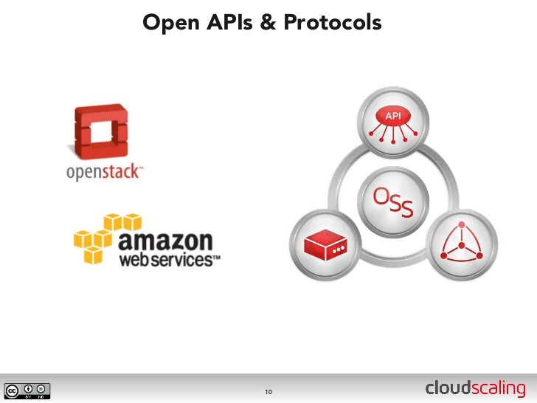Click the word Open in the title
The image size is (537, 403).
point(167,24)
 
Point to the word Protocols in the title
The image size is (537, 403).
point(333,24)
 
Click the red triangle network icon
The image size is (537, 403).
point(465,243)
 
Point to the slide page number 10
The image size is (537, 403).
point(268,390)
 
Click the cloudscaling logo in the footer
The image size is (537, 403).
point(476,389)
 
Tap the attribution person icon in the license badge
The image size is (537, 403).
point(29,388)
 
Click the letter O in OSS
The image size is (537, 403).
point(380,196)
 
